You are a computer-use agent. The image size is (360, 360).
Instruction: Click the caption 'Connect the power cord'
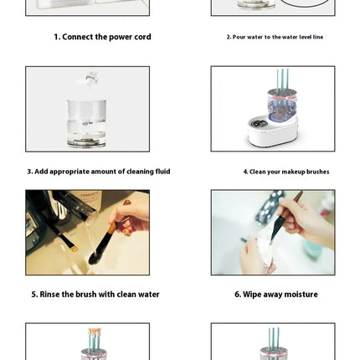click(x=102, y=37)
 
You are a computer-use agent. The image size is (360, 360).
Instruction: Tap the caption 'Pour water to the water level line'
click(x=275, y=37)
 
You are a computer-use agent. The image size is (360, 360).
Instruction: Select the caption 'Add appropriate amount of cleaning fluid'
click(x=99, y=172)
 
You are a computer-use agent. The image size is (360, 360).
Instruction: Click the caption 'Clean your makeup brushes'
click(x=286, y=172)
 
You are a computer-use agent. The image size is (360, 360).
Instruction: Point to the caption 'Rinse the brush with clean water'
click(x=95, y=295)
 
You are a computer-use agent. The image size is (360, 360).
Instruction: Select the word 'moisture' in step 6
click(x=300, y=295)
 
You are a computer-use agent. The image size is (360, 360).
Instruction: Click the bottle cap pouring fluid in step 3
click(x=91, y=78)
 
